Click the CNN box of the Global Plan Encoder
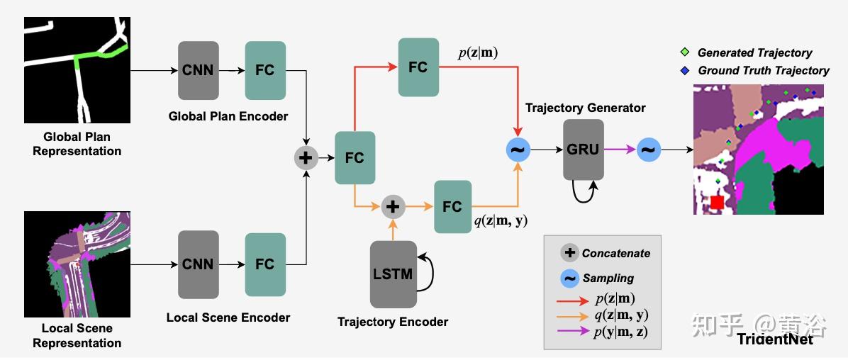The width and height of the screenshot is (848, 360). coord(199,70)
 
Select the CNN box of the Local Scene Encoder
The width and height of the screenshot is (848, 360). coord(199,264)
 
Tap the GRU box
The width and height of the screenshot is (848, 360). coord(584,150)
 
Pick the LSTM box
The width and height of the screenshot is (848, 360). coord(392,274)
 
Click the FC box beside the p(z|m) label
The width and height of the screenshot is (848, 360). coord(418,67)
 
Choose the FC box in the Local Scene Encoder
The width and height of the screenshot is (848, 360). coord(265,264)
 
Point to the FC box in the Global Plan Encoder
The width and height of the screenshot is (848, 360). coord(265,70)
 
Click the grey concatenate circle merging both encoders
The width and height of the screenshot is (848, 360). coord(306,157)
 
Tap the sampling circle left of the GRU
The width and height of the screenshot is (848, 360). coord(518,150)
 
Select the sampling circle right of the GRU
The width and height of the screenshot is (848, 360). coord(649,150)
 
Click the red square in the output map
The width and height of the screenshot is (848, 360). coord(717,203)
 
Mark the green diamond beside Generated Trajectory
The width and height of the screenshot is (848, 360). coord(684,52)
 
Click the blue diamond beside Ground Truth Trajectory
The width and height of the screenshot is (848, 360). coord(684,70)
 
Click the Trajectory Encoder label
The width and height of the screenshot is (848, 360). coord(392,322)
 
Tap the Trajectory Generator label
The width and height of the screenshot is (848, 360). coord(585,108)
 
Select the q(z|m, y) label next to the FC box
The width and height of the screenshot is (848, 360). coord(501,220)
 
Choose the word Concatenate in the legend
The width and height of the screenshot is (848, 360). coord(615,253)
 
